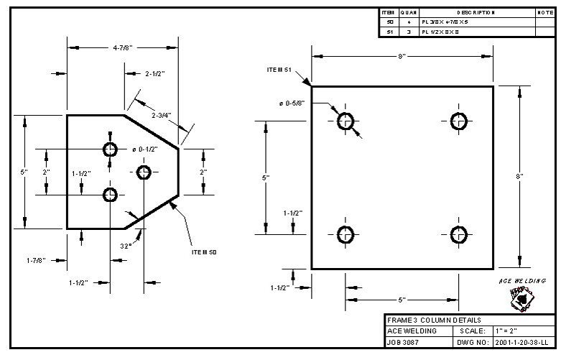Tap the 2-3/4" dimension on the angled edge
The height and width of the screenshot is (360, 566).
[163, 115]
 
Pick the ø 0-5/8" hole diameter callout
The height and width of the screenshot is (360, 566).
[292, 103]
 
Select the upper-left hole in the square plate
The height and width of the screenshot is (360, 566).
[345, 121]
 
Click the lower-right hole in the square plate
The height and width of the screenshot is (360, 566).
[459, 234]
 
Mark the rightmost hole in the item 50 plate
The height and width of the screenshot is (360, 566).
[144, 172]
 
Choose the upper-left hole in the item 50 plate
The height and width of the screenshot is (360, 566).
[110, 149]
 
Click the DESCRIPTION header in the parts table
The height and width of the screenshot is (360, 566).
[475, 13]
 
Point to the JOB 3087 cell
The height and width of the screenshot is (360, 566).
[402, 343]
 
